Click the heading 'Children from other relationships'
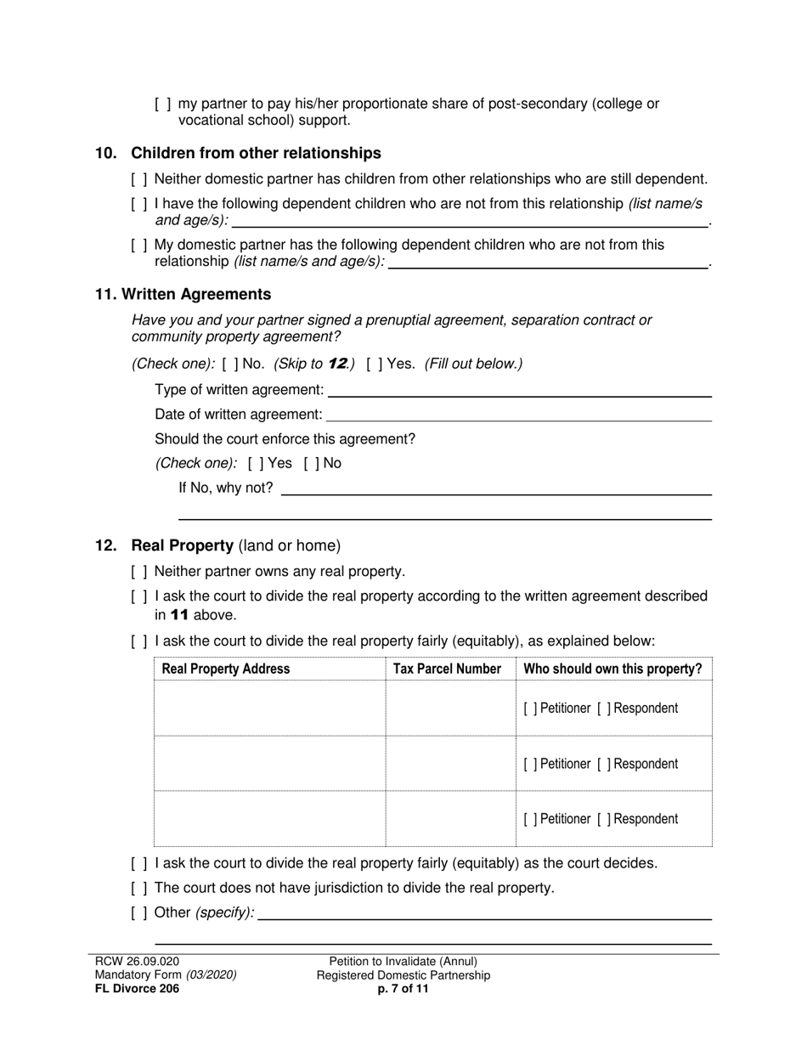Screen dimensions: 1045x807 (x=256, y=153)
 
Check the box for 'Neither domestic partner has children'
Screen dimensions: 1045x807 (x=139, y=179)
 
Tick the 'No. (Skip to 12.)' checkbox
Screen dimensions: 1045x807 (x=230, y=364)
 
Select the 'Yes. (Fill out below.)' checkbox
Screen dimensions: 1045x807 (x=375, y=364)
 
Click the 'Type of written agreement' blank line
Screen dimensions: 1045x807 (x=519, y=391)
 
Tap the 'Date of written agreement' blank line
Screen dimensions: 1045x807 (x=519, y=415)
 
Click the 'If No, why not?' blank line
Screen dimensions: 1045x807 (x=495, y=489)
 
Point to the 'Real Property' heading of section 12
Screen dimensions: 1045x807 (x=182, y=545)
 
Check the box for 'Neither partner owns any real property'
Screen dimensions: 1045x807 (x=139, y=572)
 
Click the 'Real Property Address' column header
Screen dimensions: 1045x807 (x=226, y=669)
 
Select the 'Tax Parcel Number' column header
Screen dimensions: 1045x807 (x=447, y=669)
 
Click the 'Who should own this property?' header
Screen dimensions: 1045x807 (x=612, y=669)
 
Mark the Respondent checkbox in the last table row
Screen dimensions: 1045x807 (x=604, y=819)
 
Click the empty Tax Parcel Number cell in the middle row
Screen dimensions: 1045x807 (x=450, y=764)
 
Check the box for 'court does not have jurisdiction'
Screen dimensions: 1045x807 (x=139, y=888)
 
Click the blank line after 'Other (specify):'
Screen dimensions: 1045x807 (x=484, y=913)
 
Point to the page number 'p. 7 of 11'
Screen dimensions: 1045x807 (x=403, y=989)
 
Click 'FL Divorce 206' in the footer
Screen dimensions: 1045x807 (x=137, y=989)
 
